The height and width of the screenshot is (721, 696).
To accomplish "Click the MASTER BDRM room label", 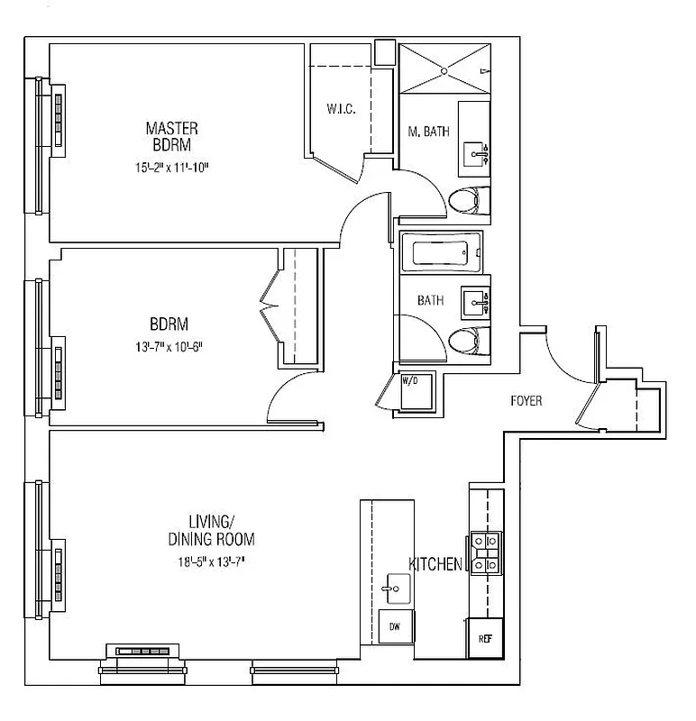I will click(171, 136).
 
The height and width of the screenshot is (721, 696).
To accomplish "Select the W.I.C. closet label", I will click(341, 110).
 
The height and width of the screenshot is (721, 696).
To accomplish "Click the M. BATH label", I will click(428, 132).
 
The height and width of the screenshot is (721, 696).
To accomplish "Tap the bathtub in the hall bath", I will click(441, 252).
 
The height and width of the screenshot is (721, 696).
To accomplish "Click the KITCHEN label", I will click(436, 564).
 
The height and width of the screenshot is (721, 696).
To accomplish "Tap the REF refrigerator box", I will click(484, 638).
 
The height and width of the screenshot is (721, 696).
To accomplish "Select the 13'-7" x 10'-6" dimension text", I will click(171, 347).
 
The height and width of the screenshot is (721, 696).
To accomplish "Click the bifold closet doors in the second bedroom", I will click(270, 306).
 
